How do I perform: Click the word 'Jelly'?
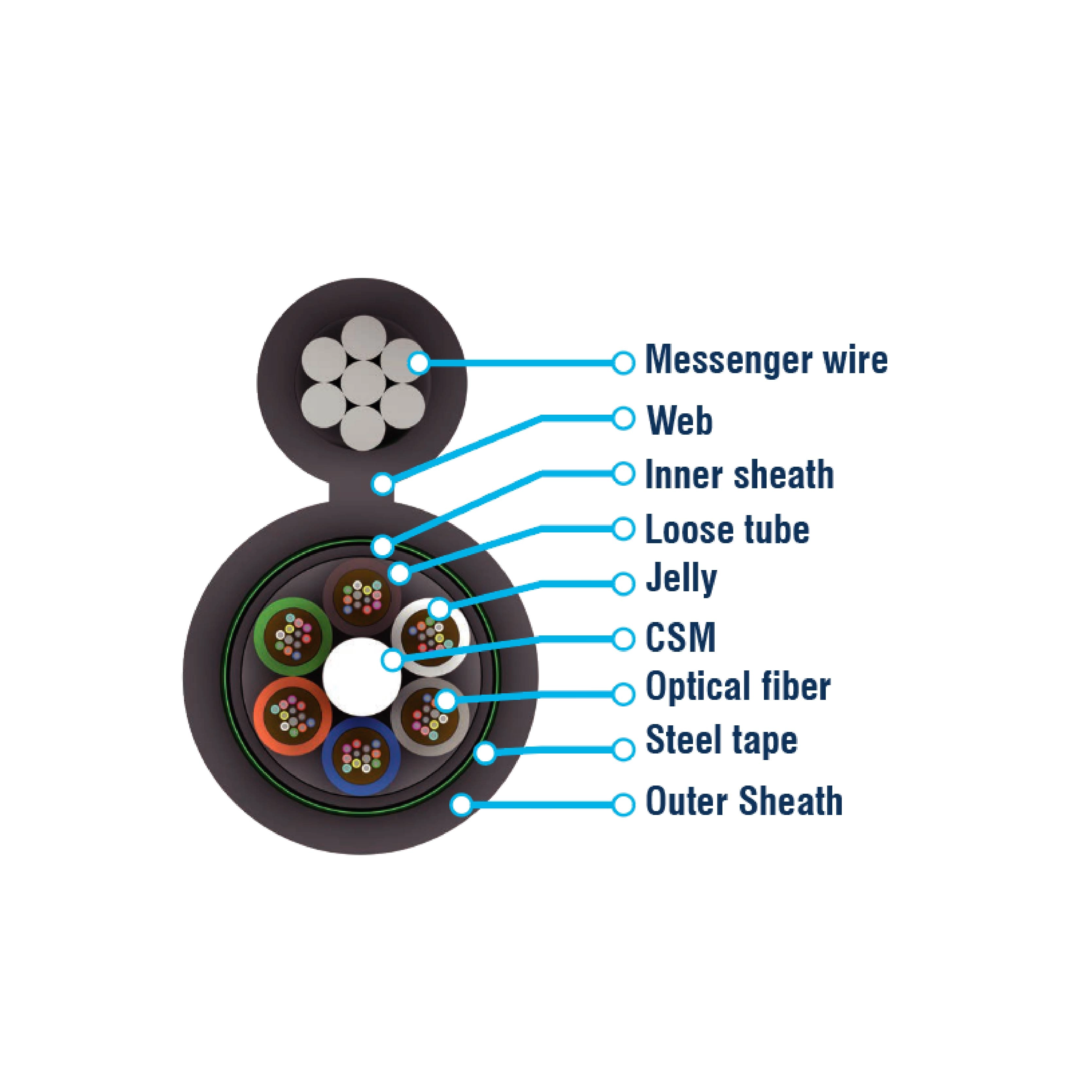[681, 580]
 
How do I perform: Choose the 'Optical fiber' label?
[737, 687]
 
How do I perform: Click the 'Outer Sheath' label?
[744, 801]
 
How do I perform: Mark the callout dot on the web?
[383, 483]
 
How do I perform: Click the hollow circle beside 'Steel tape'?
[623, 749]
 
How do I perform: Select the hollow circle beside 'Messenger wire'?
[623, 363]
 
